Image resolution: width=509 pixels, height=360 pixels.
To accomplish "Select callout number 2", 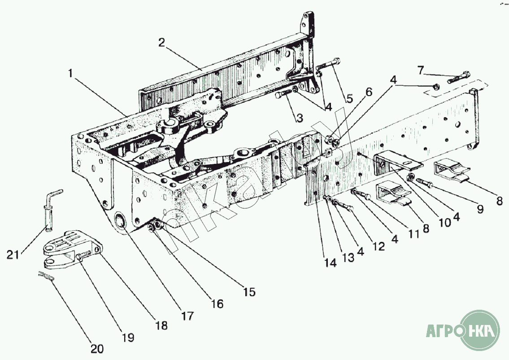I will [162, 43].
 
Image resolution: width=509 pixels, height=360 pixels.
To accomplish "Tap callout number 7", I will [420, 70].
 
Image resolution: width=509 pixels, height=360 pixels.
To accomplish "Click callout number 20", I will [97, 348].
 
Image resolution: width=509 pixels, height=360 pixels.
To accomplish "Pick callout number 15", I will [249, 292].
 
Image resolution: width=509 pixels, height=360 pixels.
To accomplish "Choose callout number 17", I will [188, 316].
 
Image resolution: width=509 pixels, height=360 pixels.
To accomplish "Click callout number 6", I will [369, 92].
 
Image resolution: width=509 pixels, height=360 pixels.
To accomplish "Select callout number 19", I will [128, 337].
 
